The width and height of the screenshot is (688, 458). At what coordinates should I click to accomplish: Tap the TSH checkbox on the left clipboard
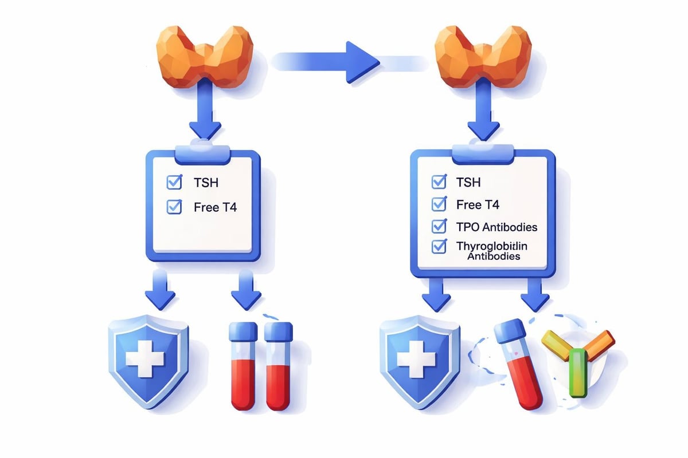(x=173, y=183)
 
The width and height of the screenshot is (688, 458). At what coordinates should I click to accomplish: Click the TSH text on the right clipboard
(x=468, y=183)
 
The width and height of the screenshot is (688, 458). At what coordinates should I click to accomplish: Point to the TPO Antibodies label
(x=497, y=227)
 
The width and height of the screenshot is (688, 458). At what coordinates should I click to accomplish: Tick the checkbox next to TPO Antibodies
(x=439, y=227)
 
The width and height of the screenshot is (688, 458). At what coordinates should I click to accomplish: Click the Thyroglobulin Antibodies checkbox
(x=439, y=247)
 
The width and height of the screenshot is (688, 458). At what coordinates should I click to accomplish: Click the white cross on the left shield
(x=145, y=358)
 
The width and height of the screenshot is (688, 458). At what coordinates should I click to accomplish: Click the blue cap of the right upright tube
(x=279, y=331)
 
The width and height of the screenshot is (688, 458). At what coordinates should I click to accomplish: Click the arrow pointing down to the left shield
(x=160, y=289)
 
